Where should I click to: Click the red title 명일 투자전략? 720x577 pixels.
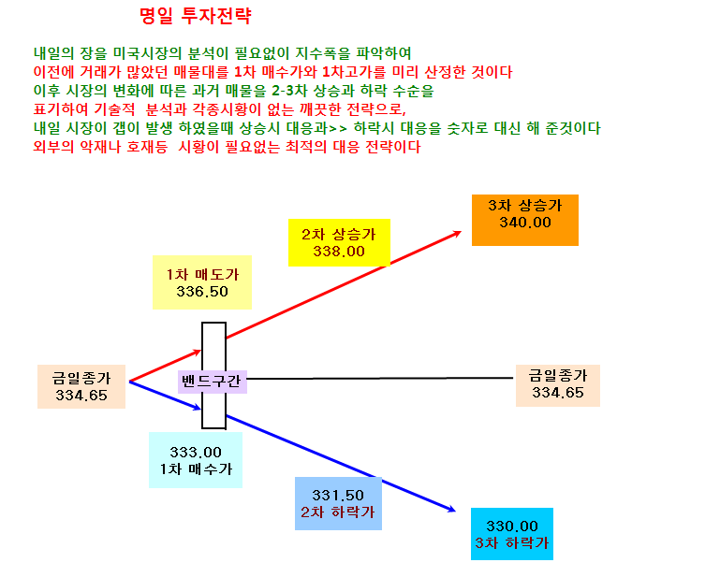pyautogui.click(x=196, y=16)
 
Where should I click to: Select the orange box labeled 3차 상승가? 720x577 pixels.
pyautogui.click(x=525, y=220)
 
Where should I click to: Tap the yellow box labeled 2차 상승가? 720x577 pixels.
pyautogui.click(x=339, y=242)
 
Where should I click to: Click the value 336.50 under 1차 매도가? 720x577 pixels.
pyautogui.click(x=202, y=291)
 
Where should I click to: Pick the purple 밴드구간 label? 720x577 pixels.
pyautogui.click(x=213, y=382)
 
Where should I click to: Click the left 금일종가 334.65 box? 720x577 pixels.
pyautogui.click(x=81, y=386)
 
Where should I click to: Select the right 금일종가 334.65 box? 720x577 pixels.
pyautogui.click(x=558, y=385)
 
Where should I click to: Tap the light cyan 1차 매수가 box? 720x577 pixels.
pyautogui.click(x=196, y=460)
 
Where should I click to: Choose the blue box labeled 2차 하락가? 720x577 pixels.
pyautogui.click(x=338, y=504)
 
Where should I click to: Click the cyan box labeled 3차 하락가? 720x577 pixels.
pyautogui.click(x=512, y=534)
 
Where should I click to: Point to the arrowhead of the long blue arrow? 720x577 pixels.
pyautogui.click(x=455, y=511)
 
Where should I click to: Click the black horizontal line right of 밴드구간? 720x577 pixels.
pyautogui.click(x=380, y=379)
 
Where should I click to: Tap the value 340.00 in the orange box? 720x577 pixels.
pyautogui.click(x=525, y=223)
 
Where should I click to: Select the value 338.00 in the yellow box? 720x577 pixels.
pyautogui.click(x=339, y=252)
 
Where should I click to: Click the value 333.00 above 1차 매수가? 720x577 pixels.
pyautogui.click(x=196, y=453)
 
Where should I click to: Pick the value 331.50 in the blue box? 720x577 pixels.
pyautogui.click(x=338, y=496)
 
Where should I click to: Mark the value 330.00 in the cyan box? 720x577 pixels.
pyautogui.click(x=512, y=527)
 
